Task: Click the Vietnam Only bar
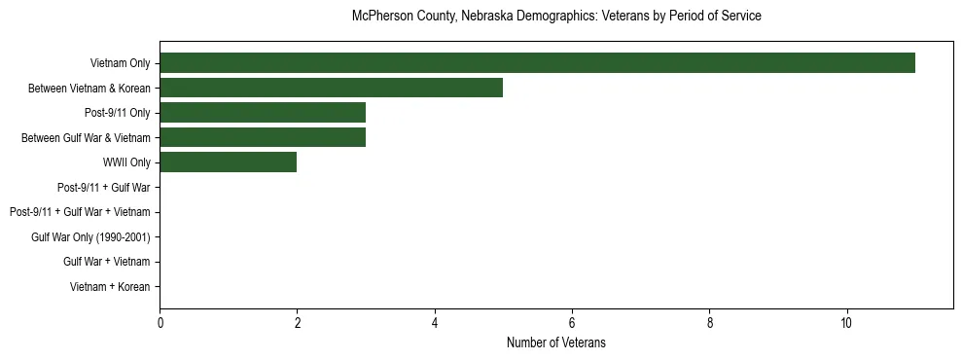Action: [x=537, y=63]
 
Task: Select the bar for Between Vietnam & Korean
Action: [x=331, y=89]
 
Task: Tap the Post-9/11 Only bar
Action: [x=263, y=113]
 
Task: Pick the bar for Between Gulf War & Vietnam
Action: [x=263, y=138]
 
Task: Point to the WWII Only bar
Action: [x=228, y=162]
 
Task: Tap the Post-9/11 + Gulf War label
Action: [x=103, y=188]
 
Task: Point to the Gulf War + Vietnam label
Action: [x=106, y=262]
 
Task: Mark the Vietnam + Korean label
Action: [x=110, y=287]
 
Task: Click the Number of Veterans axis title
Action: [x=556, y=342]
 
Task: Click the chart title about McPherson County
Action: [x=556, y=17]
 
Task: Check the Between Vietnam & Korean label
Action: [x=89, y=89]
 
